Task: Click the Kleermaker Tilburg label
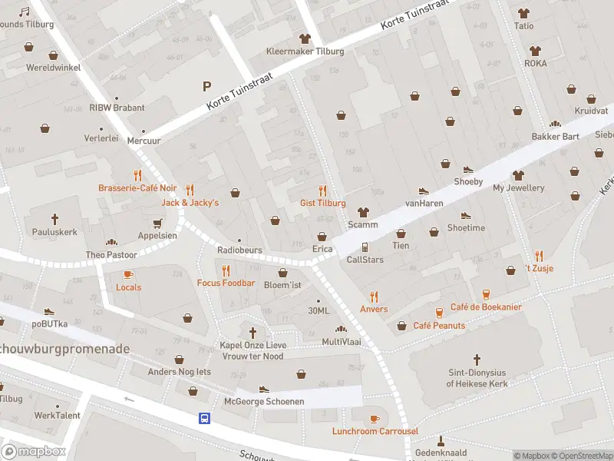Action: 305,51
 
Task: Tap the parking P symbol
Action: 206,86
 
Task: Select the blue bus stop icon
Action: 205,419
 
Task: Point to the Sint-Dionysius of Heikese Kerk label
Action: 477,378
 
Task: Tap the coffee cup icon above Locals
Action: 128,274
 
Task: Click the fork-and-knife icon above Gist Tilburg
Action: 322,191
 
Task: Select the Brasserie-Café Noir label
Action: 137,188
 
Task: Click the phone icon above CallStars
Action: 365,247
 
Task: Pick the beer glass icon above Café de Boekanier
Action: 486,294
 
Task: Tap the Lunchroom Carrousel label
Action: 375,431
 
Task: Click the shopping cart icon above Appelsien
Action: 157,223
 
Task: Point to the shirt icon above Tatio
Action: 524,13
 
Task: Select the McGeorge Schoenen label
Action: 264,402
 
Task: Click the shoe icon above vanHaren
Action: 422,191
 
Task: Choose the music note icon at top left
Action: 24,12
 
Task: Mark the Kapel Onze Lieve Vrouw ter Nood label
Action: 253,351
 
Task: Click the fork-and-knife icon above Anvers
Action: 374,297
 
